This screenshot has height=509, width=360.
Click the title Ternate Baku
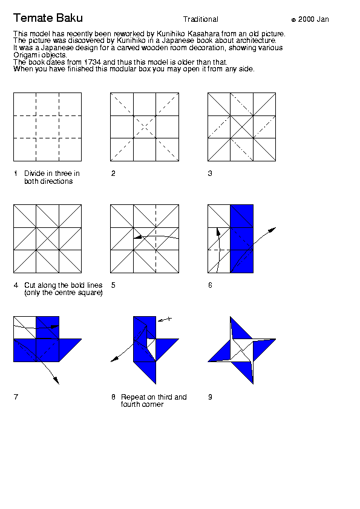pos(48,18)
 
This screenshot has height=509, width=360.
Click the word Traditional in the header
pos(200,19)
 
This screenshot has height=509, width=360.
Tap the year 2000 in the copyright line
pos(306,19)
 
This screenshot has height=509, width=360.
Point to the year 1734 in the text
pos(93,62)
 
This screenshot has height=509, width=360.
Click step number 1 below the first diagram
pos(16,173)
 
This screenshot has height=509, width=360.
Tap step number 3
pos(210,173)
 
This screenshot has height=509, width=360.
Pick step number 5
pos(113,285)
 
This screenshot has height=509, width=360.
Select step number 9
pos(210,397)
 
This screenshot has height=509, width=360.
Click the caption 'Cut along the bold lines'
pos(64,285)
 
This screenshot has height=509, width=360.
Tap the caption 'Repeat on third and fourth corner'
pos(154,401)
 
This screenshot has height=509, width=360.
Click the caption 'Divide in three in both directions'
pos(52,177)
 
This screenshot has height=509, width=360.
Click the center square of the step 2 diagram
pos(145,127)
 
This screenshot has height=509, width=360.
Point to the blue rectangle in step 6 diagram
pos(242,239)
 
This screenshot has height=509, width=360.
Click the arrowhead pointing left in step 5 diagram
pos(137,238)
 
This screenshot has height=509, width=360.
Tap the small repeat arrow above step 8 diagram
pos(165,320)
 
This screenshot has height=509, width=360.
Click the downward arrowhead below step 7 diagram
pos(56,380)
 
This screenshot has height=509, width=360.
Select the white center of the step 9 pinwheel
pos(242,350)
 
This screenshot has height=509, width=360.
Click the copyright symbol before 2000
pos(293,20)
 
